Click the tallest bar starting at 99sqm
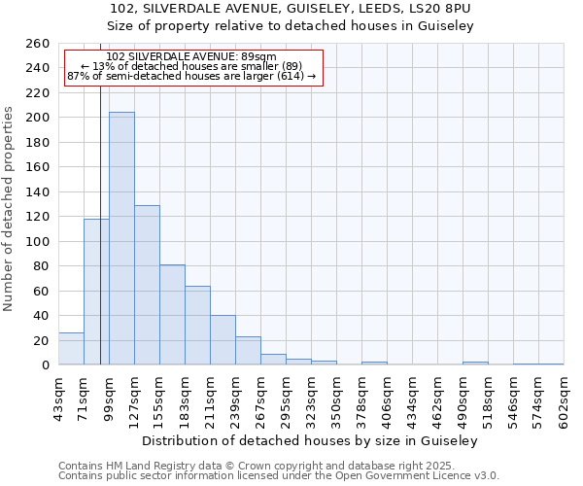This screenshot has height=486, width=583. pyautogui.click(x=121, y=238)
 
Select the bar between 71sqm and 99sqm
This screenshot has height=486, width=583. pyautogui.click(x=96, y=292)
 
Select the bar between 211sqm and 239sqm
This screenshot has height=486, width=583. pyautogui.click(x=223, y=340)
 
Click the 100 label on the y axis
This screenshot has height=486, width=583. pyautogui.click(x=38, y=241)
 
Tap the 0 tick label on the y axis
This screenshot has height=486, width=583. pyautogui.click(x=46, y=365)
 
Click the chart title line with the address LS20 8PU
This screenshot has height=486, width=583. pyautogui.click(x=291, y=9)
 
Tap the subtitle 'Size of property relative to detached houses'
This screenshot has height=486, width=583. pyautogui.click(x=291, y=26)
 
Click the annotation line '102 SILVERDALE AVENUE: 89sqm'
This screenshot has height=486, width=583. pyautogui.click(x=191, y=56)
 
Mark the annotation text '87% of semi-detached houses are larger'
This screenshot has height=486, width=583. pyautogui.click(x=191, y=76)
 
